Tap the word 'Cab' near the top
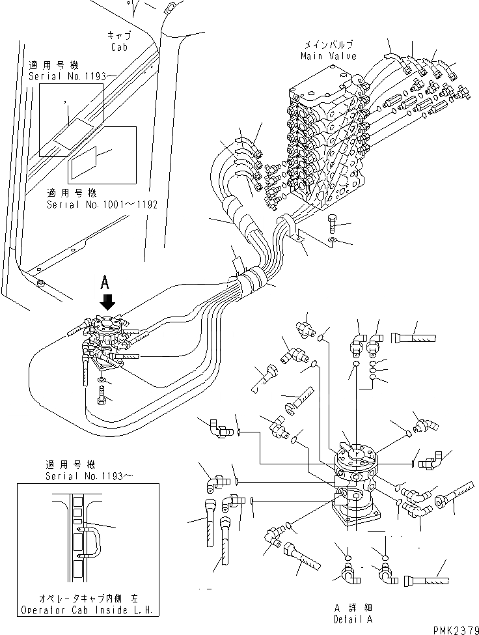coord(118,48)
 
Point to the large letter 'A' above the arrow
coord(107,283)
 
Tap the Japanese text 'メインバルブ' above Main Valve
coord(328,46)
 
